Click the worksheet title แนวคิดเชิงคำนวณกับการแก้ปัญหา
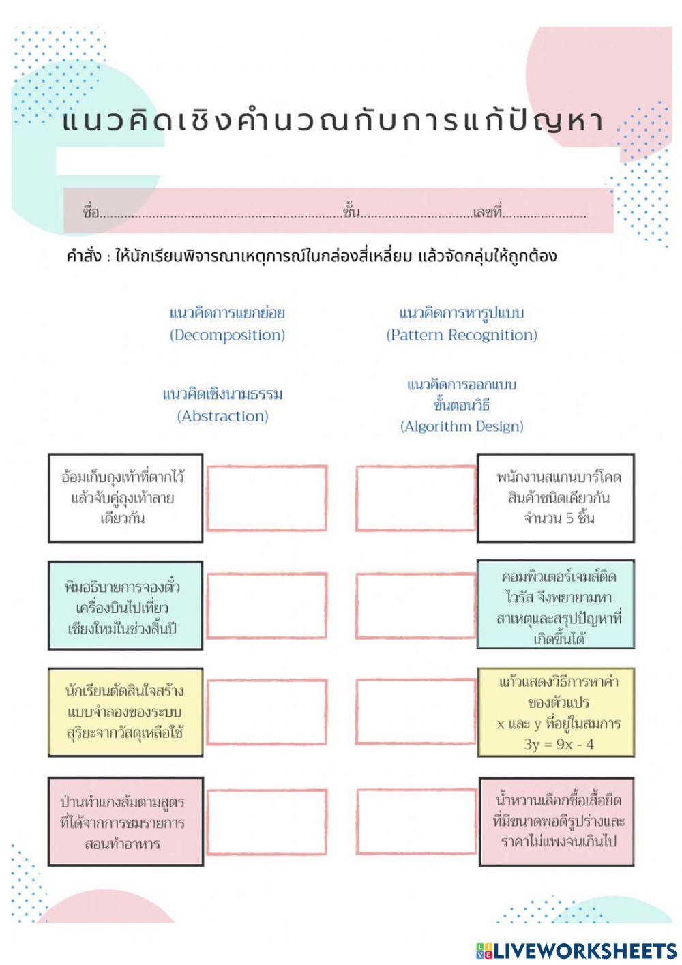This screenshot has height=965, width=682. click(x=333, y=121)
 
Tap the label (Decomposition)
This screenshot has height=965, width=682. click(x=227, y=335)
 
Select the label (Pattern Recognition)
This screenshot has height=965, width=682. click(x=462, y=335)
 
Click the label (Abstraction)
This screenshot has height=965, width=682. click(x=223, y=416)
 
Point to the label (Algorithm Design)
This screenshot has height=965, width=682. click(x=462, y=426)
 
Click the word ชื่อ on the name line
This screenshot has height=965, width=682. click(x=91, y=212)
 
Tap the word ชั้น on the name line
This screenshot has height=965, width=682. click(x=351, y=212)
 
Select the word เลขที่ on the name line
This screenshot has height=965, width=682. click(x=487, y=212)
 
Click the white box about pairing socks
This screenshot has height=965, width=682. click(x=125, y=498)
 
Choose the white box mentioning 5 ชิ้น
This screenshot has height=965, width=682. click(x=556, y=498)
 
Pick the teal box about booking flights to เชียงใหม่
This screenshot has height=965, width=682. click(x=125, y=606)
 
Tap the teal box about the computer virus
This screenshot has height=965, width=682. click(x=556, y=604)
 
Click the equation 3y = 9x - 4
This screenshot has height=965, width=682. click(x=559, y=744)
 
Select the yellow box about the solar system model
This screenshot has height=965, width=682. click(x=125, y=713)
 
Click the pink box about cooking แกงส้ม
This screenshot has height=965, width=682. click(x=125, y=821)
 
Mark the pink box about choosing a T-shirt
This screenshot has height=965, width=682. click(x=556, y=821)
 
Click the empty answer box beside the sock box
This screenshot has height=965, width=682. click(x=267, y=499)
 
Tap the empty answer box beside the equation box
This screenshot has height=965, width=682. click(x=415, y=712)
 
